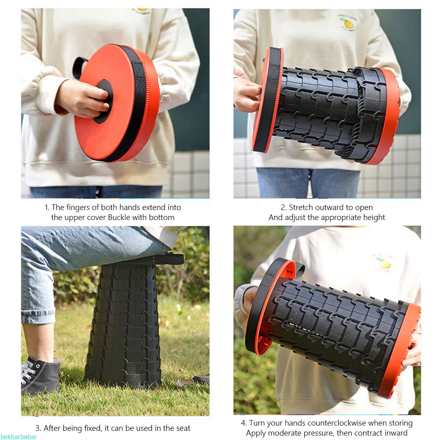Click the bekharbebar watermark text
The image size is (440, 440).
tap(18, 437)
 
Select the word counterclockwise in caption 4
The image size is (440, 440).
tap(331, 423)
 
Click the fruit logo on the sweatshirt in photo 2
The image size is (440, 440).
tap(347, 22)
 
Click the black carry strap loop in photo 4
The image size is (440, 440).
tap(300, 269)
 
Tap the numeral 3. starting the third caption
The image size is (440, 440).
tap(38, 428)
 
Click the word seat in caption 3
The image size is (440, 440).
tap(183, 428)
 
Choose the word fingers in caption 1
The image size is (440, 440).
tap(78, 208)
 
